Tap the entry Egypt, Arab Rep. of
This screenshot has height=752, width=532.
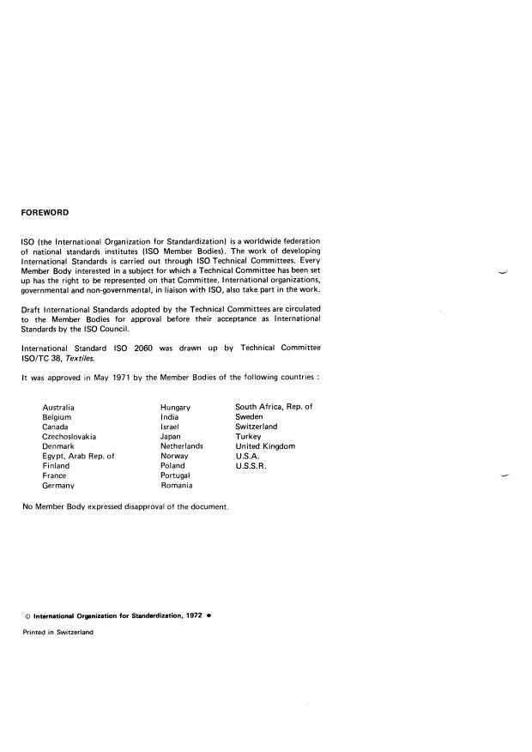pyautogui.click(x=78, y=456)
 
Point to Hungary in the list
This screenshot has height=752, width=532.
pyautogui.click(x=175, y=406)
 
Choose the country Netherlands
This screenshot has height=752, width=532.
pyautogui.click(x=181, y=446)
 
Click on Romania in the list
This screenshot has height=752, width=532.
pyautogui.click(x=176, y=486)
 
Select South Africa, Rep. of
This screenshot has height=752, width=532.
pyautogui.click(x=274, y=406)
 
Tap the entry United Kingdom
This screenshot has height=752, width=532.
pyautogui.click(x=265, y=446)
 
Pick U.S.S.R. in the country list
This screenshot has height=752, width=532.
pyautogui.click(x=251, y=466)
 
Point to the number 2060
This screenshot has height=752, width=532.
pyautogui.click(x=142, y=347)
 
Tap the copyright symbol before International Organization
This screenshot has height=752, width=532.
pyautogui.click(x=27, y=616)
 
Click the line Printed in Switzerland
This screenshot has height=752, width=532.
pyautogui.click(x=57, y=632)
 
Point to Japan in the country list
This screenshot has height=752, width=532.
pyautogui.click(x=170, y=436)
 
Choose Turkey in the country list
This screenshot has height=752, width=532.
pyautogui.click(x=248, y=436)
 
